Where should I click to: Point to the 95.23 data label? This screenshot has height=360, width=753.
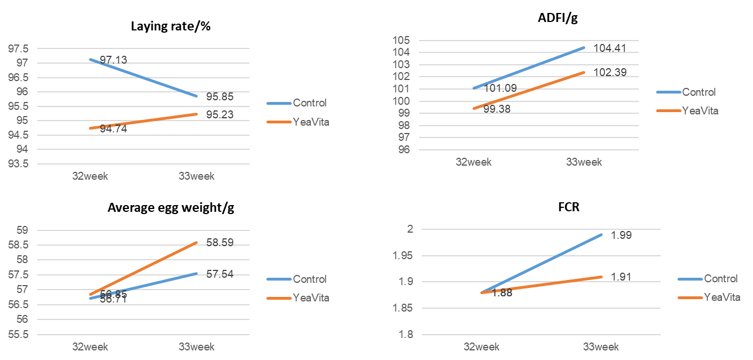(220, 115)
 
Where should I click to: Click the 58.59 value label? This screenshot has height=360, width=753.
(220, 243)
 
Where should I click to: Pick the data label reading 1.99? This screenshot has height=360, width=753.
(621, 235)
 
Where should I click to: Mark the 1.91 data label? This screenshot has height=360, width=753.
(621, 277)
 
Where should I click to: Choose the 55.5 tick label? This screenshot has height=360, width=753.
(19, 335)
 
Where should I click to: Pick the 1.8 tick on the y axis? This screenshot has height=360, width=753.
(406, 335)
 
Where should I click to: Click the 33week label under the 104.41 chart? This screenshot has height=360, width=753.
(583, 162)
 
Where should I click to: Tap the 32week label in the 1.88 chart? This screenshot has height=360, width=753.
(482, 346)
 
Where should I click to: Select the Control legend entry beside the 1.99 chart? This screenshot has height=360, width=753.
(720, 279)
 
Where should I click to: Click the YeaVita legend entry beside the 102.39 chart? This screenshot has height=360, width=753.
(700, 110)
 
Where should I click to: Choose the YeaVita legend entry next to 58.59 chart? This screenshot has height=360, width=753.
(311, 297)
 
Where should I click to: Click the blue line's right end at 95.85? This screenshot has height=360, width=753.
(197, 96)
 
